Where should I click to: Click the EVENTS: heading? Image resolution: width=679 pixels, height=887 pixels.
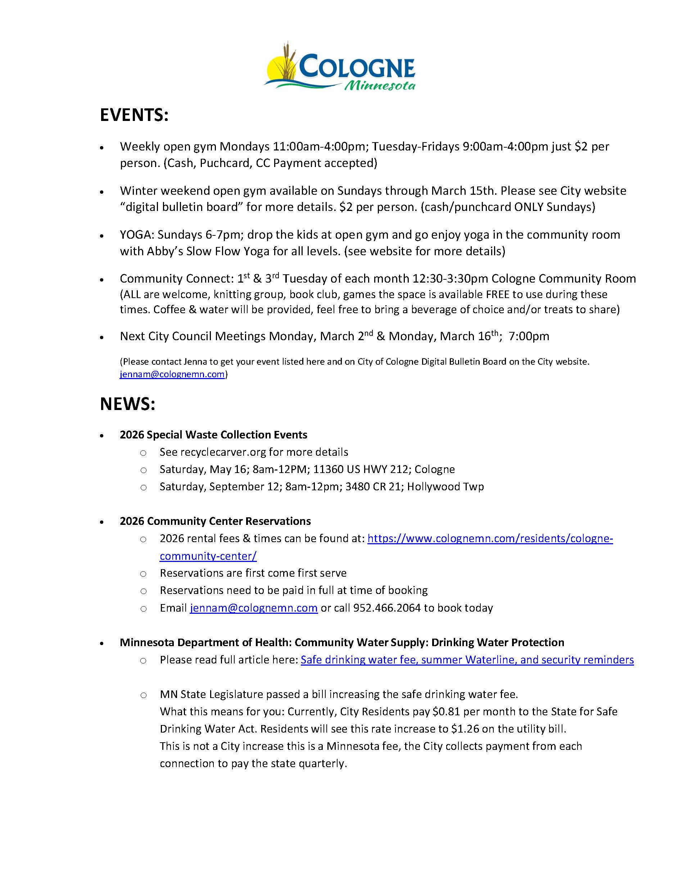coord(134,116)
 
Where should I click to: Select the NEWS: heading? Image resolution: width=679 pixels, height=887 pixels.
coord(128,404)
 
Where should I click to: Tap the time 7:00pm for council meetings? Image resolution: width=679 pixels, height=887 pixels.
coord(529,336)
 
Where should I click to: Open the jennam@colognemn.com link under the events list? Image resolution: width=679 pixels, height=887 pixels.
coord(172,374)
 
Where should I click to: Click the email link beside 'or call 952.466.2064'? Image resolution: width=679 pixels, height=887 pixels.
coord(253,608)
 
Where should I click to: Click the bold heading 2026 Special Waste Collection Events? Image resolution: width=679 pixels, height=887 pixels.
coord(213,435)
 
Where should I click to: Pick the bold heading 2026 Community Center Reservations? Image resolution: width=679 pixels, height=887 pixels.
coord(215,521)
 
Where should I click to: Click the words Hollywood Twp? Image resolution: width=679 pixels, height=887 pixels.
coord(445,486)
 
